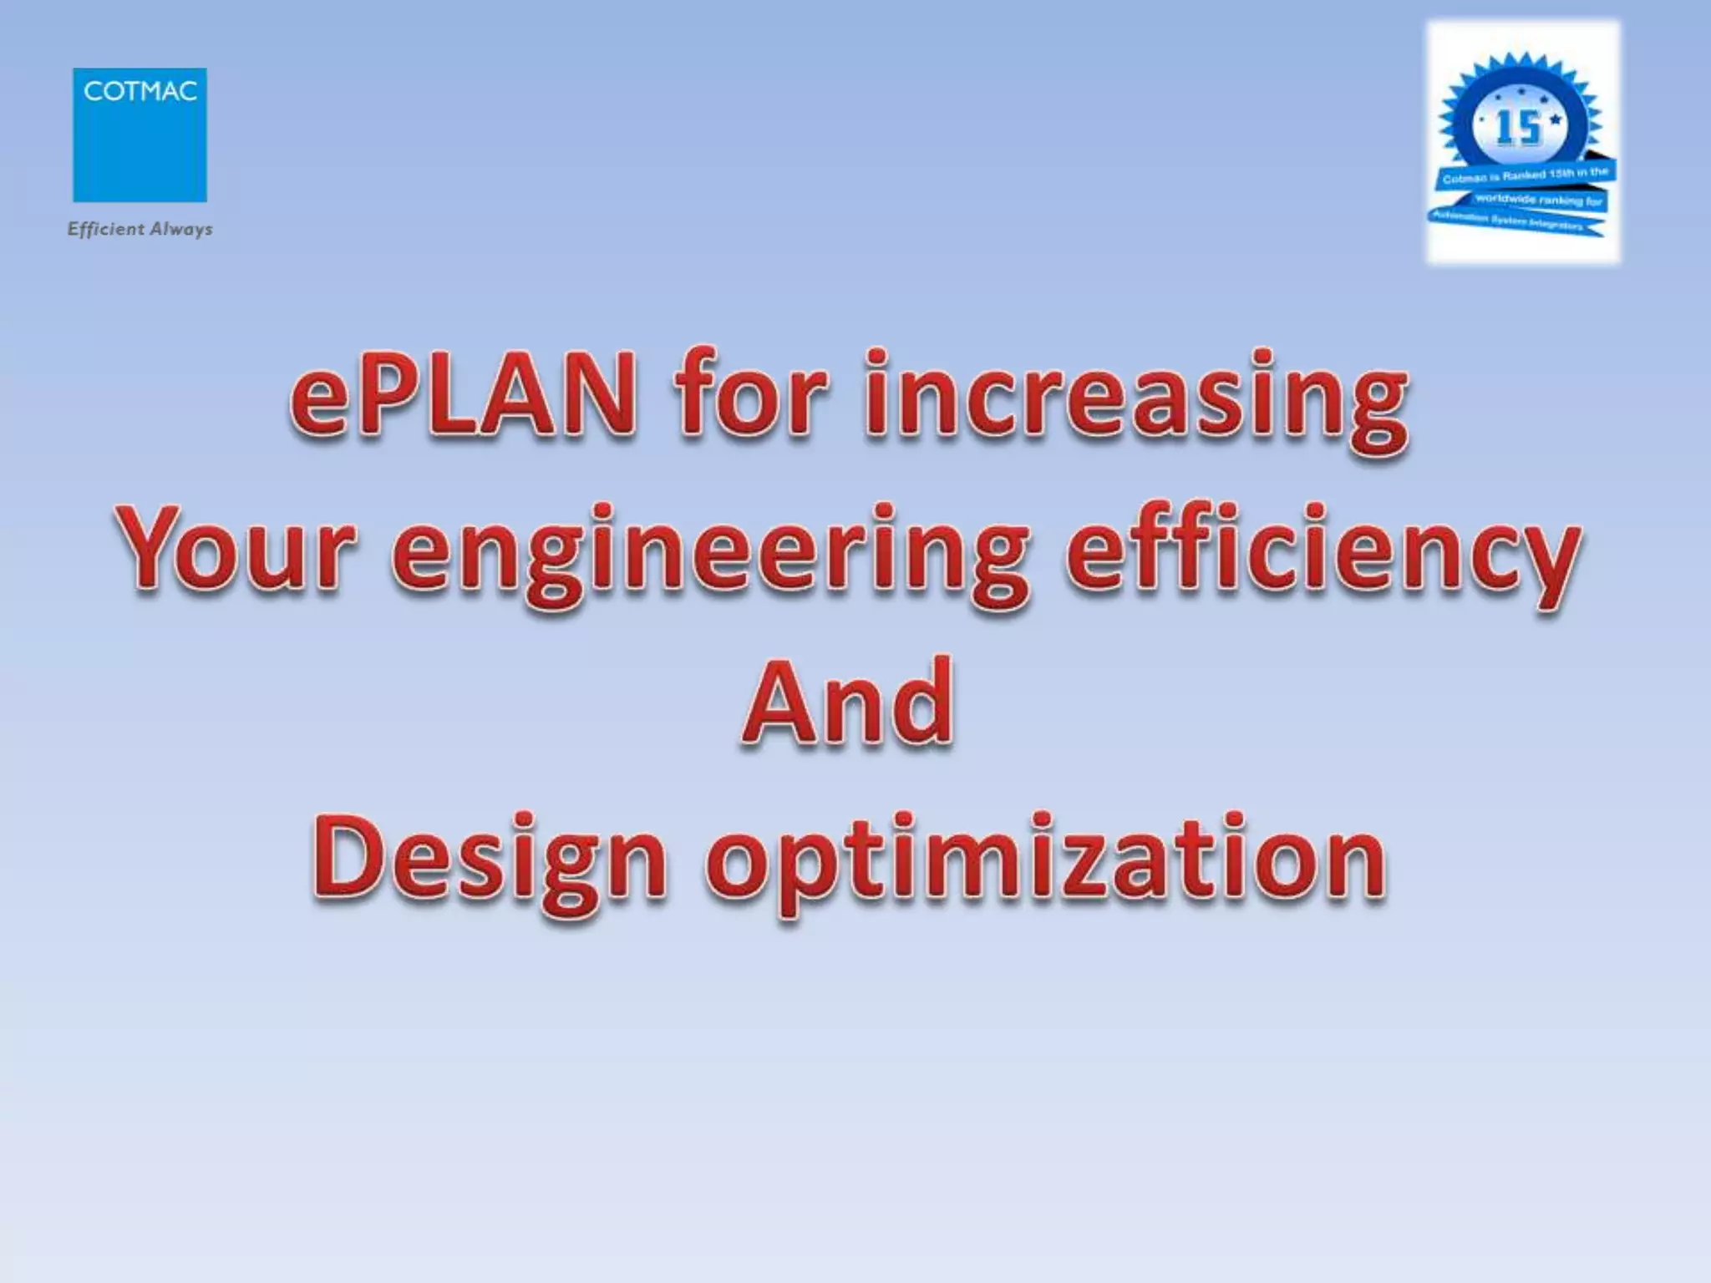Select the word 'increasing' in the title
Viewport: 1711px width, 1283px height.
1136,401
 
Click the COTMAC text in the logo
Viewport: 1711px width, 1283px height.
140,91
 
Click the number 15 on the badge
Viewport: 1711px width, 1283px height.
1518,129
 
